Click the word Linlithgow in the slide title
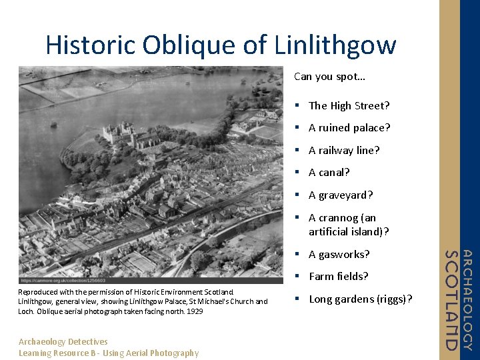pyautogui.click(x=335, y=45)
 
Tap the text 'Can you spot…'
pyautogui.click(x=329, y=77)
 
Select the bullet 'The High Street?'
pyautogui.click(x=349, y=105)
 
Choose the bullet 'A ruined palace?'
pyautogui.click(x=349, y=127)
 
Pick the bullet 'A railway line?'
pyautogui.click(x=344, y=150)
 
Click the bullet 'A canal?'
pyautogui.click(x=329, y=172)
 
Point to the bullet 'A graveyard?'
pyautogui.click(x=341, y=195)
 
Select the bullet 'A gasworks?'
pyautogui.click(x=339, y=254)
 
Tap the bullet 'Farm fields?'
pyautogui.click(x=339, y=276)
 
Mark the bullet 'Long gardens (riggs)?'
pyautogui.click(x=361, y=299)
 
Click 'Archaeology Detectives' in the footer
pyautogui.click(x=63, y=342)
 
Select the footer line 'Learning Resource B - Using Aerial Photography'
pyautogui.click(x=109, y=353)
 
